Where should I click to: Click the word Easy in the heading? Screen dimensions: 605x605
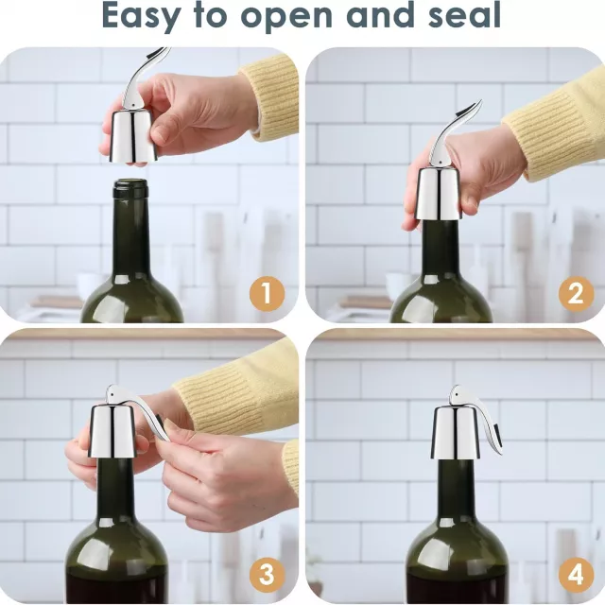141,16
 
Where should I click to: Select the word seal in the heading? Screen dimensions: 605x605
464,15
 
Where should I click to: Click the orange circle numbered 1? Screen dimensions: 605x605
267,294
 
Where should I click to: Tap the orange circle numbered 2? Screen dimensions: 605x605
576,294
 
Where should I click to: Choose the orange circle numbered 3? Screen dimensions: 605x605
267,575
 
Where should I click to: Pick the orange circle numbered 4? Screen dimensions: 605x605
576,575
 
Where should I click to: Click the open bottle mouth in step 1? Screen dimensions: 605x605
130,182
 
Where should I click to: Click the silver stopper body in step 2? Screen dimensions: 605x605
439,196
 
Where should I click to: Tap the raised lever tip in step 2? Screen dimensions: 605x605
479,102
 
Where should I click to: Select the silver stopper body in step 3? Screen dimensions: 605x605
113,431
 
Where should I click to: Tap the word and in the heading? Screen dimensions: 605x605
380,15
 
